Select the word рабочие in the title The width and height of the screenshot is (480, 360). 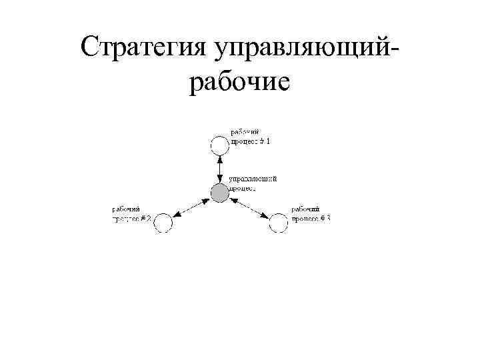tap(239, 83)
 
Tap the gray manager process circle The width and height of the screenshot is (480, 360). tap(219, 193)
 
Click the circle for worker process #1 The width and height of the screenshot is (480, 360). tap(219, 145)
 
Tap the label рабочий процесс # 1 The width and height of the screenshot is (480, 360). tap(251, 137)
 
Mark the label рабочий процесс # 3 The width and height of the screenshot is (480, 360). tap(310, 215)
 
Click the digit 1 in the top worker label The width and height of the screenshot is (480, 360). tap(268, 141)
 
